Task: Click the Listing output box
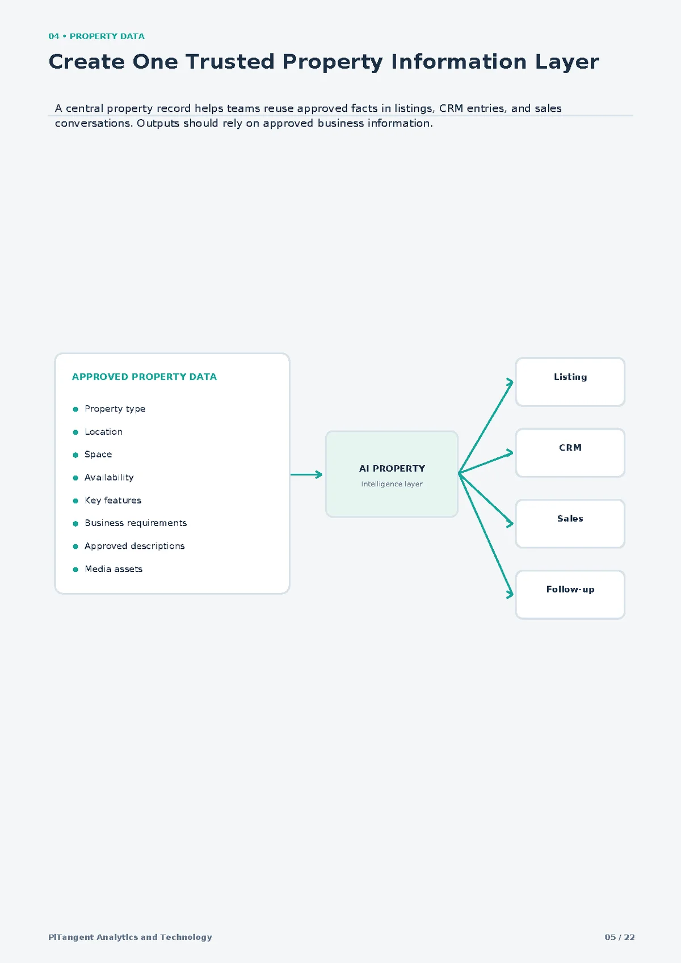point(570,382)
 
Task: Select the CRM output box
point(570,453)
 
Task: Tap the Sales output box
point(570,524)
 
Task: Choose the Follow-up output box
point(570,595)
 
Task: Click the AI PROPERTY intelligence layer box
point(392,474)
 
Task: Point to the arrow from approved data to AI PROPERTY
point(306,474)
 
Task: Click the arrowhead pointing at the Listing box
point(510,382)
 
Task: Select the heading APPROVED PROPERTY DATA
point(144,377)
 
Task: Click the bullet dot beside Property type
point(75,409)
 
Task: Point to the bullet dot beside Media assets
point(75,570)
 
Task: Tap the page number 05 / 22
point(620,937)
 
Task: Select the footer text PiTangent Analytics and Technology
point(131,937)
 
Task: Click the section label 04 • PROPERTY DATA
point(96,36)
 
